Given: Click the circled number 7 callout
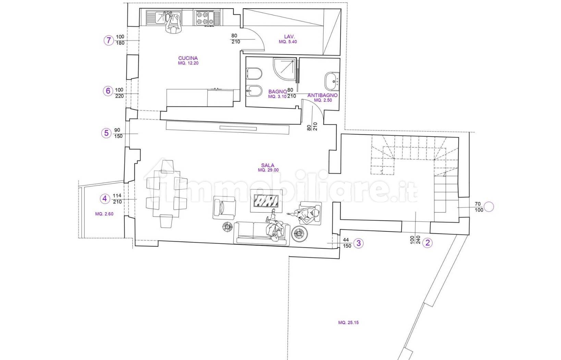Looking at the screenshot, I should click(109, 40).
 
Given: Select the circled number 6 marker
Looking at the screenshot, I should click(108, 91).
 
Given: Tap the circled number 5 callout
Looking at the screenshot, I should click(106, 133).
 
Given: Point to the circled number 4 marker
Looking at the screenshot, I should click(105, 199).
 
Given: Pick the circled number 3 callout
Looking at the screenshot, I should click(358, 243).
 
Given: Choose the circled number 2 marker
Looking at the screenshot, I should click(427, 243).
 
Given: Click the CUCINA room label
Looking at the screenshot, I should click(188, 58).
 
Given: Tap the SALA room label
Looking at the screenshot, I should click(268, 165).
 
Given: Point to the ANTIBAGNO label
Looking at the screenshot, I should click(322, 95).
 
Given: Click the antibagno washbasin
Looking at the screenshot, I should click(331, 81).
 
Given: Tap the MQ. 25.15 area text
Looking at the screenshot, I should click(348, 323).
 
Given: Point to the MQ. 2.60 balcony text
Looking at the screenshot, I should click(104, 214).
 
